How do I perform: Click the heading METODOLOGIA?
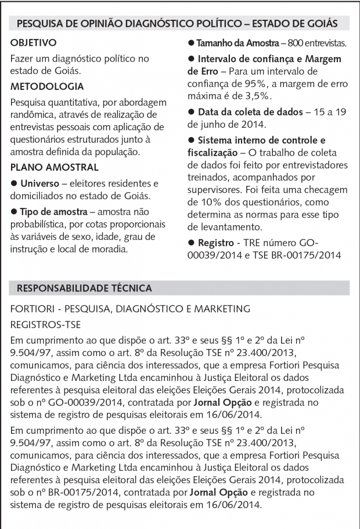coord(48,87)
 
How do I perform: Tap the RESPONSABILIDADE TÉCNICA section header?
coord(85,288)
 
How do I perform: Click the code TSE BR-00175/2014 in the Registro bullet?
coord(304,254)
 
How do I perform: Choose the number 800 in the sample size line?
coord(296,44)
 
